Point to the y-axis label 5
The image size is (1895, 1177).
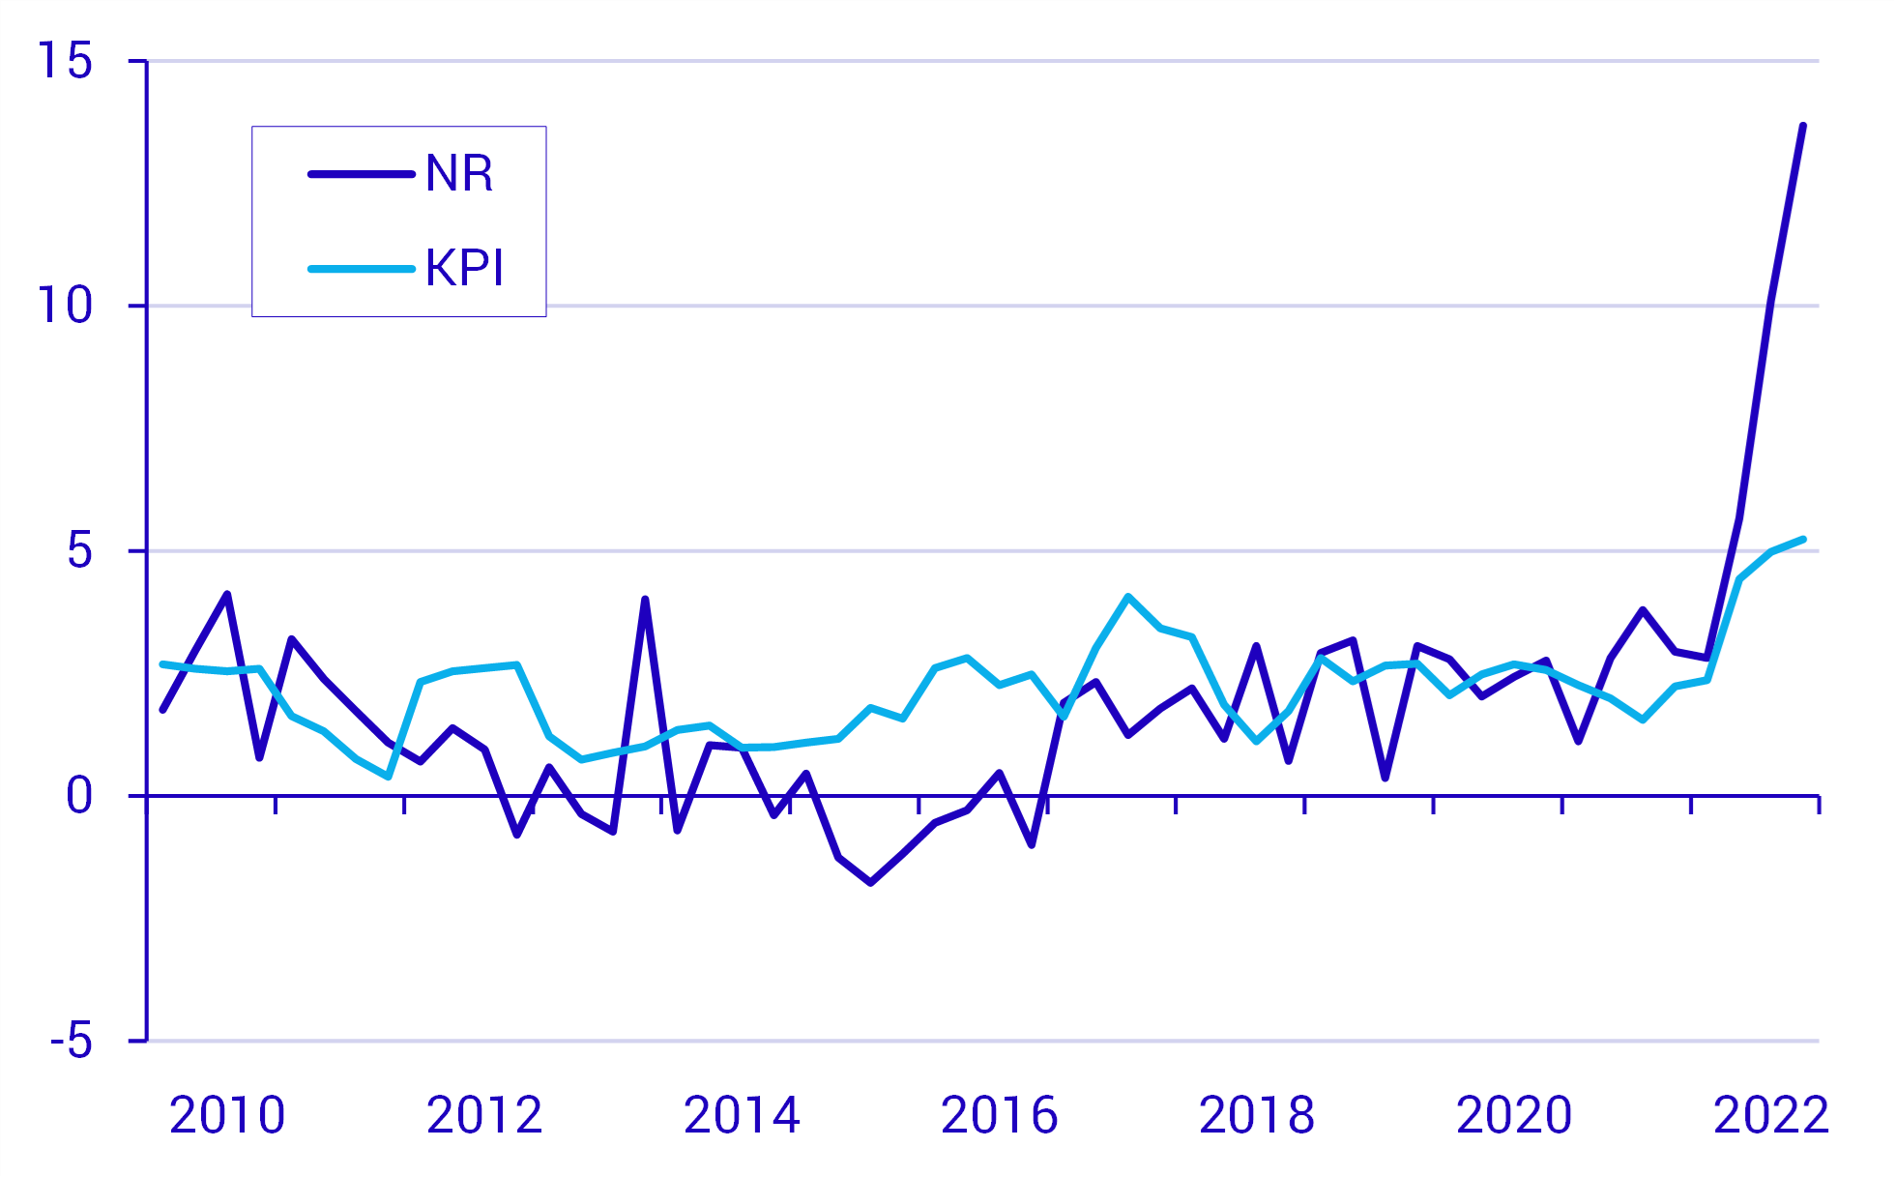(79, 551)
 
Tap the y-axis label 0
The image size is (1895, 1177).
(79, 796)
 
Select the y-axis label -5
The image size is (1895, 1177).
(72, 1042)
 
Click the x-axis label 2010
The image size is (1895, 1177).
(227, 1115)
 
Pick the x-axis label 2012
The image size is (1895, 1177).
(484, 1115)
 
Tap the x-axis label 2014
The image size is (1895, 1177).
(742, 1115)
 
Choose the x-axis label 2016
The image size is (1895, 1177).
(999, 1115)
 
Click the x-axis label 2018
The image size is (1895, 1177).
(1257, 1115)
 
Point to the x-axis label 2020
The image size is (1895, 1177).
(1514, 1115)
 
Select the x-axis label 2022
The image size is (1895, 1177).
(1771, 1115)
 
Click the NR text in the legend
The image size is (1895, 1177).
(459, 174)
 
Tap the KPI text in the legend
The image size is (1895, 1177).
(464, 268)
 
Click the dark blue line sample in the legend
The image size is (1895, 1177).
(361, 174)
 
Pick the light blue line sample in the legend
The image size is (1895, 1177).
(361, 268)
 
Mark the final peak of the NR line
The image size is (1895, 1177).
(1803, 126)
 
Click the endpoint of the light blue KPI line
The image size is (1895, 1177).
(1803, 539)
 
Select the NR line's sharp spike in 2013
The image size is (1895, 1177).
(645, 600)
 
